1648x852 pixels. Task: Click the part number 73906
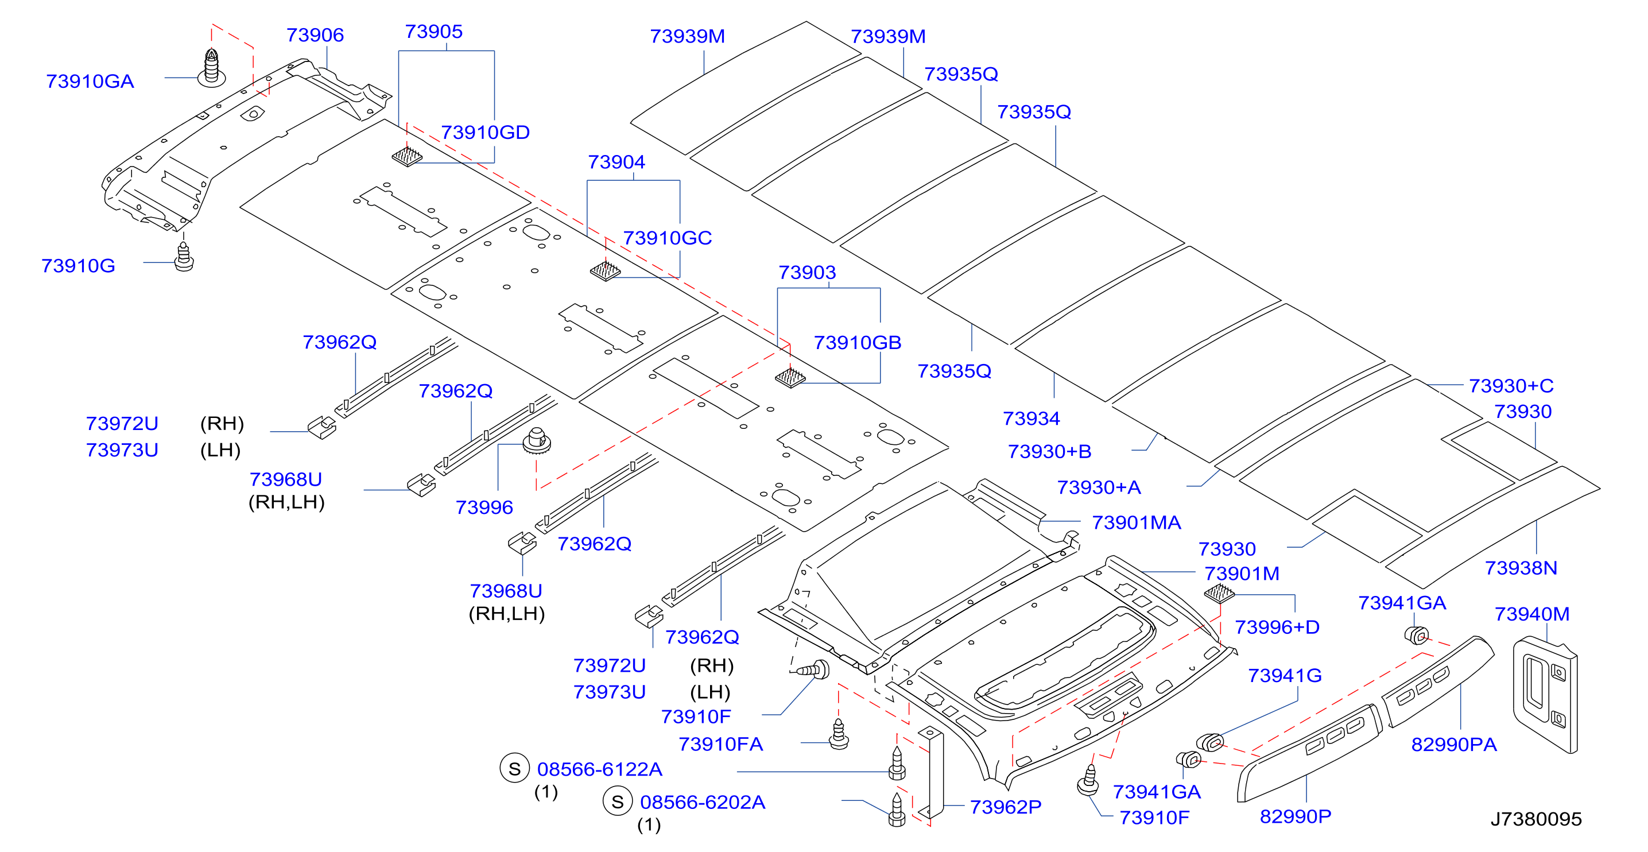point(315,35)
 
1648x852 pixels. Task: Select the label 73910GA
point(90,81)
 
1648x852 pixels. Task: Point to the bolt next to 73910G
point(184,257)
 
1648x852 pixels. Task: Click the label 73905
point(434,32)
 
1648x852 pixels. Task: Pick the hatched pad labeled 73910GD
point(407,156)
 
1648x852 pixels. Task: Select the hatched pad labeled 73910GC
point(605,270)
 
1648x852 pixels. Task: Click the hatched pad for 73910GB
point(790,377)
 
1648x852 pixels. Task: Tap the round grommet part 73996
point(537,441)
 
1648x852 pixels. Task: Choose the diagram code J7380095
point(1536,819)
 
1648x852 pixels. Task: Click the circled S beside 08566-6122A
point(514,769)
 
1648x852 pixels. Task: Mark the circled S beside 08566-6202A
point(618,802)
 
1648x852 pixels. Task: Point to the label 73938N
point(1521,568)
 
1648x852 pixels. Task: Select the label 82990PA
point(1453,745)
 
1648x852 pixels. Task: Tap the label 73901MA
point(1136,522)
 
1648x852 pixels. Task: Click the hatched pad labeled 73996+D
point(1219,594)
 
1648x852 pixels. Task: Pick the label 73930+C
point(1511,386)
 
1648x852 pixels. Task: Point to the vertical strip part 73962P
point(931,773)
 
